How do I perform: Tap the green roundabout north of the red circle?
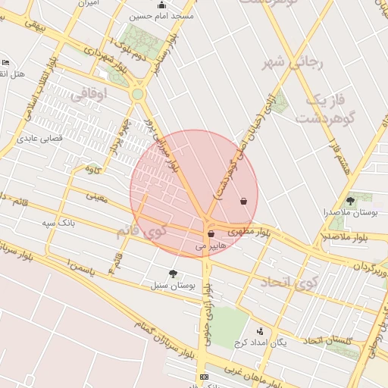(137, 94)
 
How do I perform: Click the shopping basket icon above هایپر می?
(211, 233)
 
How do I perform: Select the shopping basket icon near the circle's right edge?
(243, 202)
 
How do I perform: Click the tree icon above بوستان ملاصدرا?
(350, 201)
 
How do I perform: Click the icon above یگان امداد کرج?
(260, 331)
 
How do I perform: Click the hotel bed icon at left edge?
(6, 62)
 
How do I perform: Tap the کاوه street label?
(94, 168)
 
